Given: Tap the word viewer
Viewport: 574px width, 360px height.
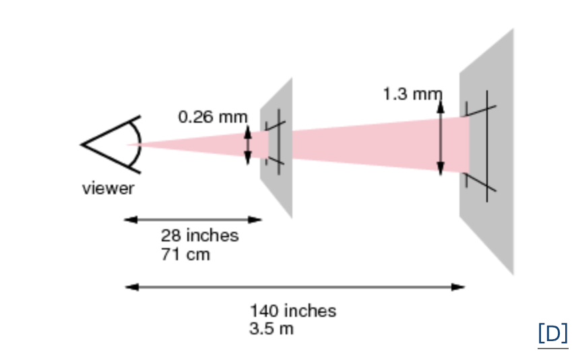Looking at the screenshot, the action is point(108,188).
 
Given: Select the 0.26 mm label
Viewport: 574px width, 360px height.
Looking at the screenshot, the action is point(212,117).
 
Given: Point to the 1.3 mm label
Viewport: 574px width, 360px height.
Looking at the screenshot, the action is point(412,94).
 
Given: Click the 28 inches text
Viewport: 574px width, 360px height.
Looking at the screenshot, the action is point(199,235).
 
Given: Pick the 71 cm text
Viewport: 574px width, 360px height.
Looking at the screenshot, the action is point(185,254).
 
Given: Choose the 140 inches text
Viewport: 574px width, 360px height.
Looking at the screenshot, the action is point(292,311).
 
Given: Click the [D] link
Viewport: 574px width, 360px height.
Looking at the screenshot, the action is point(552,333).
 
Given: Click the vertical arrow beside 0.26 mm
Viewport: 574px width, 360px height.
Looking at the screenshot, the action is point(247,144).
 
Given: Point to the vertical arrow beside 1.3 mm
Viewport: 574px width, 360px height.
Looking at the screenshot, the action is point(441,135).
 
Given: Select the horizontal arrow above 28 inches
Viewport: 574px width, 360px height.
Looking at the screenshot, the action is point(193,219).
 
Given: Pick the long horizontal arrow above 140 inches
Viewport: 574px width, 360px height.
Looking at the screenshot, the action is point(295,287).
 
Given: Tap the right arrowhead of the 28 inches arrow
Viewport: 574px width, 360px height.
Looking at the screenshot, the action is point(256,219).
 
